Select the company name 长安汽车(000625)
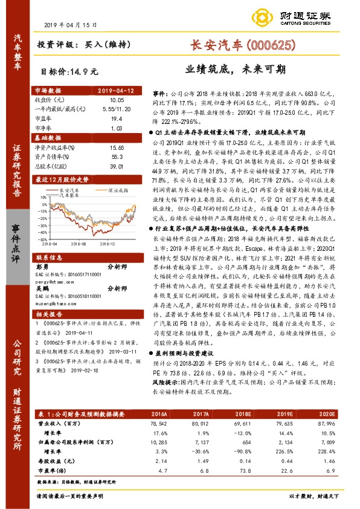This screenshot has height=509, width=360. [x=242, y=44]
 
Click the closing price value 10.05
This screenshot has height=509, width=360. [x=117, y=99]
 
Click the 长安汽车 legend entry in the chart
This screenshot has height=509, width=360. [x=72, y=189]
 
